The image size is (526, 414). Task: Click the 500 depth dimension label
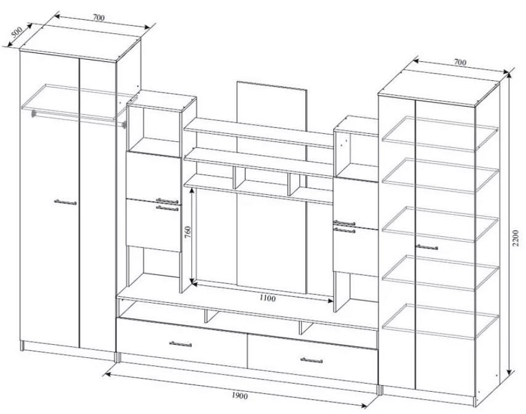pos(17,32)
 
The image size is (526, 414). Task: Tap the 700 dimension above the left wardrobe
pos(98,17)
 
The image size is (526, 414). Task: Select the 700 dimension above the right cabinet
pos(460,62)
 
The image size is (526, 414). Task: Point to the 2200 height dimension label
pos(516,238)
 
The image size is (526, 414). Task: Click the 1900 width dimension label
pos(240,396)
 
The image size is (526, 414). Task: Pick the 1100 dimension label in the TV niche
pos(268,298)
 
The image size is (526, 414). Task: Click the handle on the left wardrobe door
pos(65,202)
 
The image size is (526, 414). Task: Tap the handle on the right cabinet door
pos(427,247)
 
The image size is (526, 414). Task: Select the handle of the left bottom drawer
pos(181,344)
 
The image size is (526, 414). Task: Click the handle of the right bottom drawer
pos(311,360)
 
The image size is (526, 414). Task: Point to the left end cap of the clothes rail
pos(34,114)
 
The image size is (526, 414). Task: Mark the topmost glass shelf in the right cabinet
pos(440,133)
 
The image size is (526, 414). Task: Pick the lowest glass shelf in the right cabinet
pos(440,321)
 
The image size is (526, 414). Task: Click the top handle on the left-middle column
pos(167,201)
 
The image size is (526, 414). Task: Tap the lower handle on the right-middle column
pos(344,230)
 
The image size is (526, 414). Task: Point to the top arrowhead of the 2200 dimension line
pos(510,74)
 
